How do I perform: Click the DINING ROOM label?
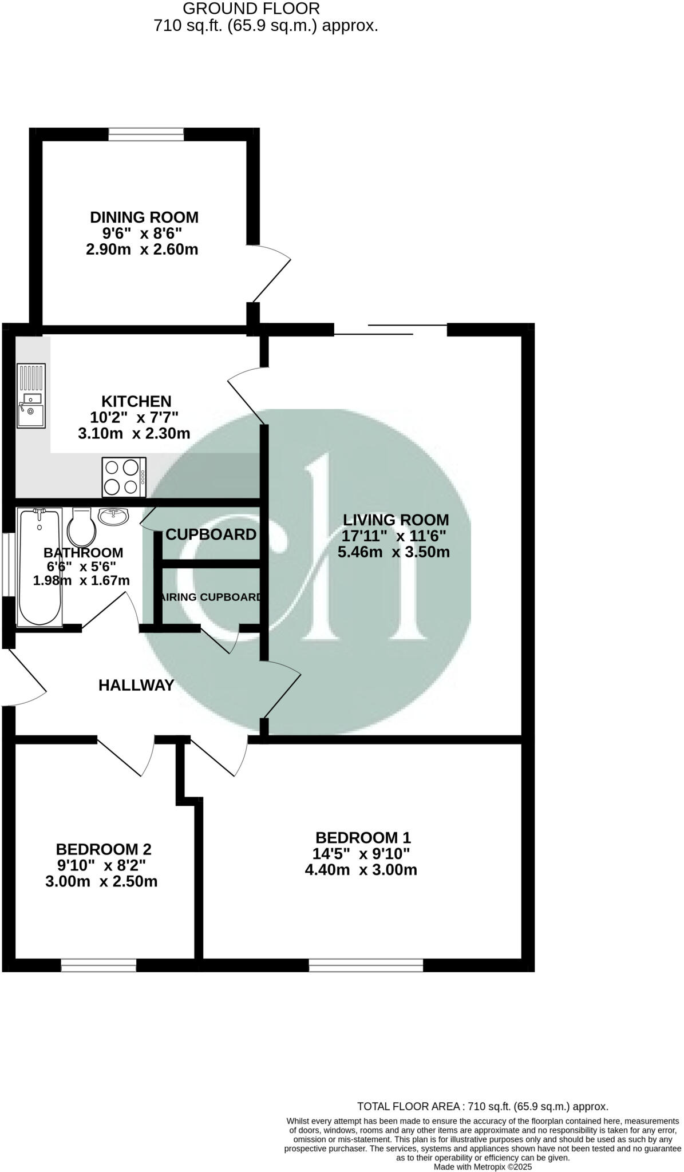coord(144,217)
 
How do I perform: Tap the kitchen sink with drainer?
coord(31,395)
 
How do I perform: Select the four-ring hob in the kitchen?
coord(124,477)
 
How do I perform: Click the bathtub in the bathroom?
coord(39,567)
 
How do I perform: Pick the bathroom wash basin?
coord(114,517)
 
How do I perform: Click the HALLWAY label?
coord(136,685)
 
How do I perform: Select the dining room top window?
coord(146,134)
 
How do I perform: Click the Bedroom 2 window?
coord(98,966)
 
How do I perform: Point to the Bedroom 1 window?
coord(366,966)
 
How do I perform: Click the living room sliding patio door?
coord(390,329)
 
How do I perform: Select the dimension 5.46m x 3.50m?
coord(393,552)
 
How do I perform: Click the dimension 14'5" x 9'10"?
coord(361,854)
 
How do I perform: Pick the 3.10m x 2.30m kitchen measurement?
coord(134,433)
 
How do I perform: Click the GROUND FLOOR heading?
coord(251,9)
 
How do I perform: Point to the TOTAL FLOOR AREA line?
coord(482,1106)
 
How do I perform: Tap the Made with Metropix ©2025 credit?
coord(483,1166)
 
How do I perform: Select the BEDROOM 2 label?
coord(103,849)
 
